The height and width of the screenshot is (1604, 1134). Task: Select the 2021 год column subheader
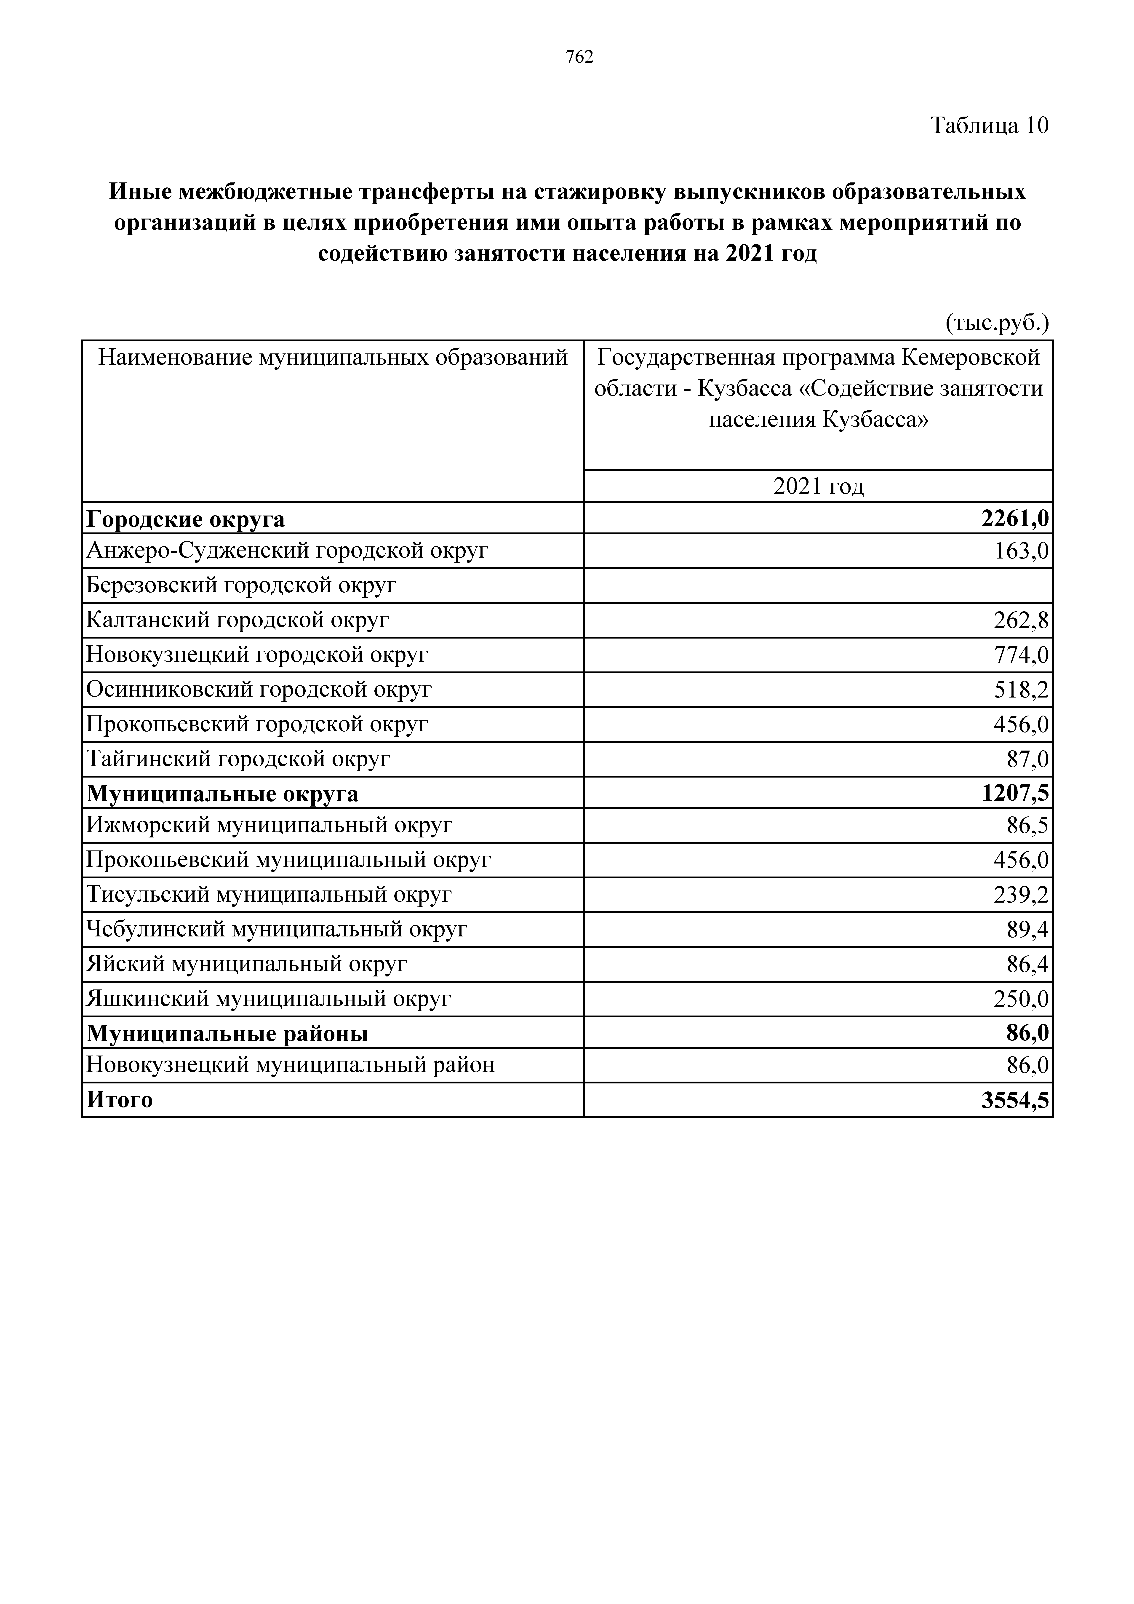coord(818,486)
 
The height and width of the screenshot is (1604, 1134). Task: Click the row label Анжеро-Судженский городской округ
coord(286,551)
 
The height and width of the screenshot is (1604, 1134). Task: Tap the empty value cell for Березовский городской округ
coord(818,585)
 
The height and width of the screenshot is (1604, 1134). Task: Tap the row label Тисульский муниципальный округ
coord(269,895)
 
